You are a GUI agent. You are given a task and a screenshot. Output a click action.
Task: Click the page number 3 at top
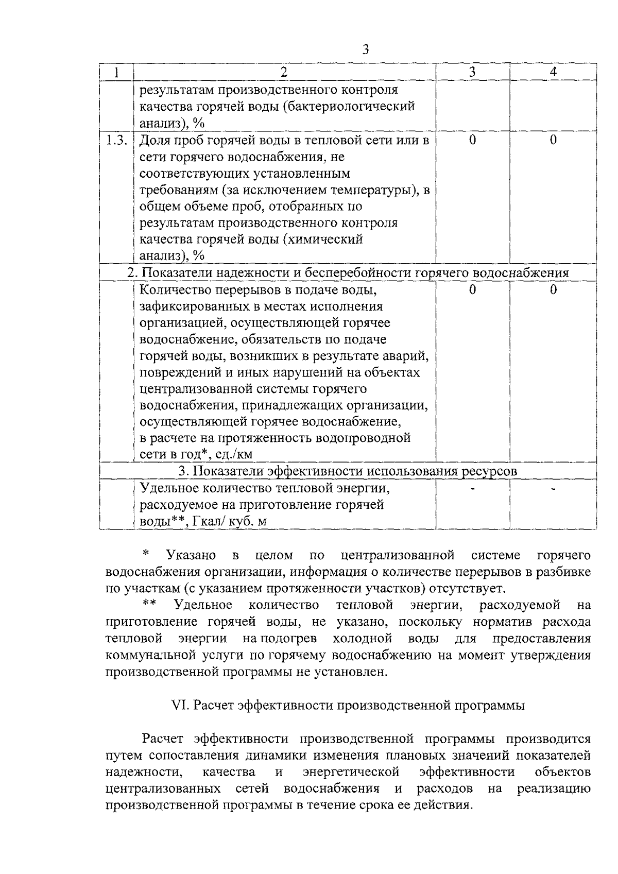tap(366, 49)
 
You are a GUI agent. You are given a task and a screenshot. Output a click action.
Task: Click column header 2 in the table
tap(284, 72)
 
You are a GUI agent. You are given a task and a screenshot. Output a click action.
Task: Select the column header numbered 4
tap(553, 72)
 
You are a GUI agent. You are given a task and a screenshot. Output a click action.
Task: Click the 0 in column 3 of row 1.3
tap(473, 140)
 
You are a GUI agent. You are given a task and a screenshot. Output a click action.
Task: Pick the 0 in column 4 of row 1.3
tap(553, 140)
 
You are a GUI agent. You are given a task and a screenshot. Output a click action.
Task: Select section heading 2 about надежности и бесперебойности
tap(348, 273)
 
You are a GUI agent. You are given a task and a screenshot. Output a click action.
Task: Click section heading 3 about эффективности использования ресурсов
tap(348, 471)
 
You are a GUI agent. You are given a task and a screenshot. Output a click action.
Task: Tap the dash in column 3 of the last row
tap(473, 488)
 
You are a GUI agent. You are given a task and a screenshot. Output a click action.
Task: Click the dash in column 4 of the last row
tap(553, 488)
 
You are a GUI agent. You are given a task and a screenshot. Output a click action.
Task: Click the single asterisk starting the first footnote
tap(146, 555)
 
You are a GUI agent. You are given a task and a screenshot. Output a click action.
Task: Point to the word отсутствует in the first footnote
tap(462, 588)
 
